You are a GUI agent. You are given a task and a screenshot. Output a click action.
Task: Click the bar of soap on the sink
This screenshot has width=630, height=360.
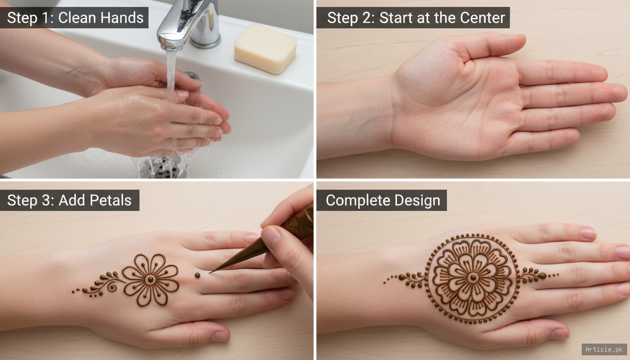(x=265, y=49)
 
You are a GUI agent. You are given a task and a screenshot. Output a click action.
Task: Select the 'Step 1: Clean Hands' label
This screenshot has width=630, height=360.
(x=75, y=18)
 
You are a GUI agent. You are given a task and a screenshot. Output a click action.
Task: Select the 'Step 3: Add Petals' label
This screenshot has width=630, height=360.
(x=69, y=200)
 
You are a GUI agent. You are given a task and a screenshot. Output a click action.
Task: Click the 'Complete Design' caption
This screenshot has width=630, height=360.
(x=382, y=200)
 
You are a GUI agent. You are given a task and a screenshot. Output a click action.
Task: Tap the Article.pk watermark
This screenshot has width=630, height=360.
(x=604, y=349)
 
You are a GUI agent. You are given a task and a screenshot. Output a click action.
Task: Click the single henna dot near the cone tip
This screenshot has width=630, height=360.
(x=197, y=275)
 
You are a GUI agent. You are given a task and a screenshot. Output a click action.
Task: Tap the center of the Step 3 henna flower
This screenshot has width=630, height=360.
(x=150, y=279)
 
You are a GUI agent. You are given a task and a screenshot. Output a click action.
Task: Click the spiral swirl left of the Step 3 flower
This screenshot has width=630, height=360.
(x=112, y=286)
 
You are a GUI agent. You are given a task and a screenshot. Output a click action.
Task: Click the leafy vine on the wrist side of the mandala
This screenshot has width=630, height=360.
(x=408, y=279)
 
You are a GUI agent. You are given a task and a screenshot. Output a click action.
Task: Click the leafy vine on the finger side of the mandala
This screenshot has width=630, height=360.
(x=534, y=276)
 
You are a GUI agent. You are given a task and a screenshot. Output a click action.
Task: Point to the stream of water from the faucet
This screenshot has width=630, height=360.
(x=172, y=70)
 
